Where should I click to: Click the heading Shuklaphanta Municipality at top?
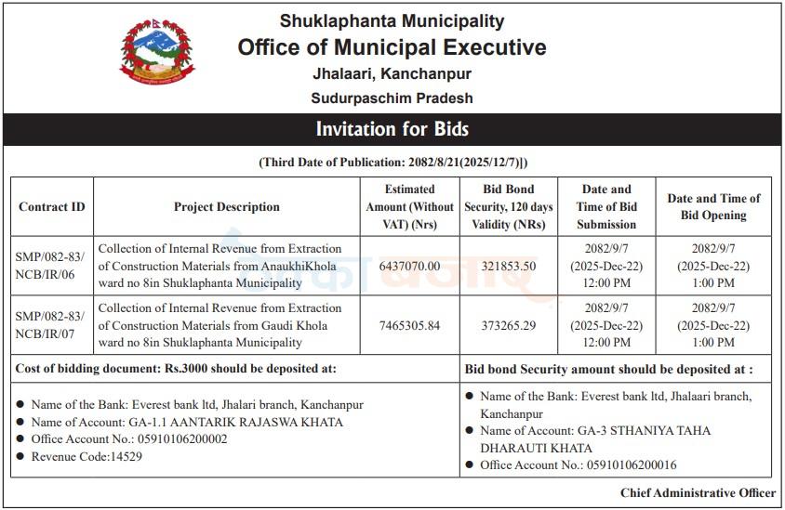(392, 20)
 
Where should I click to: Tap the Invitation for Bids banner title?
(392, 129)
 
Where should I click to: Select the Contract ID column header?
(52, 206)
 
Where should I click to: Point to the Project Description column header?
(226, 206)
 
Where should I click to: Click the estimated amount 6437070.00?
(409, 266)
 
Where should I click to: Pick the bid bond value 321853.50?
(508, 266)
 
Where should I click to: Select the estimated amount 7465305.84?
(409, 325)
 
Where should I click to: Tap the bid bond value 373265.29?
(508, 325)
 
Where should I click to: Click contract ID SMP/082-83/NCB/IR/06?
(52, 266)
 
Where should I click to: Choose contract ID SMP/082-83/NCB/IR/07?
(52, 325)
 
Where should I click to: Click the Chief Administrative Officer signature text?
(698, 492)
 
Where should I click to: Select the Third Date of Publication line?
(392, 163)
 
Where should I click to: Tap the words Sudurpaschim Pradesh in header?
(392, 98)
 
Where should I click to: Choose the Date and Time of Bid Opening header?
(713, 206)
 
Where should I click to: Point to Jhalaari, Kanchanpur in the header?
(392, 73)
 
